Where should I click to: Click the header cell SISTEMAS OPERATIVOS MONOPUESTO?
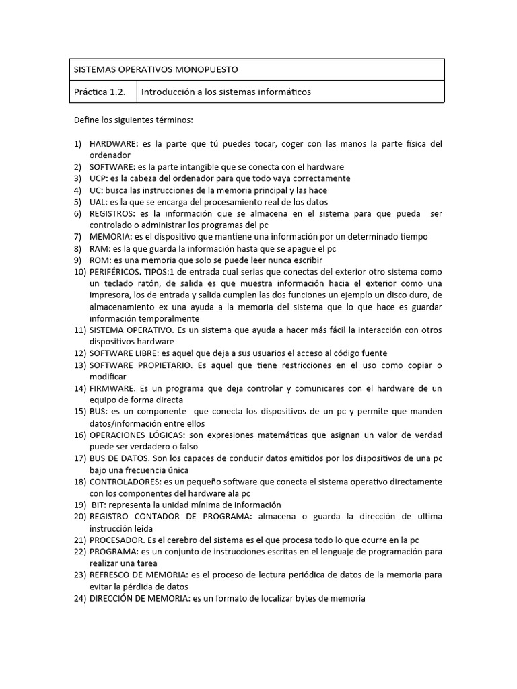tap(156, 69)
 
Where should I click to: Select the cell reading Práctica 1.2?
tap(100, 92)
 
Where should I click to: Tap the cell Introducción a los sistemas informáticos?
tap(226, 92)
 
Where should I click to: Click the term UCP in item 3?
tap(98, 178)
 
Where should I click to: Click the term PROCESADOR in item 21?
tap(115, 540)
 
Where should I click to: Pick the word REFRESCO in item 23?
tap(110, 575)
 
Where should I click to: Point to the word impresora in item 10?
tap(110, 295)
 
